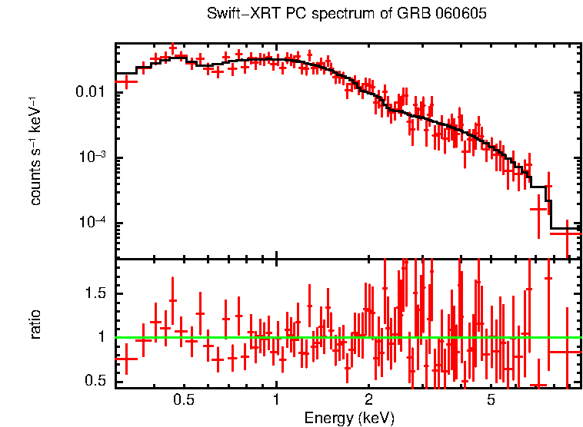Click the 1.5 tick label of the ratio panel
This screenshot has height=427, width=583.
(x=95, y=293)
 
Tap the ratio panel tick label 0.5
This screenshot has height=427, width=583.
(x=95, y=380)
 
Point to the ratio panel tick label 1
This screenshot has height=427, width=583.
(x=102, y=337)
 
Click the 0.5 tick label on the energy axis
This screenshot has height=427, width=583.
(x=184, y=400)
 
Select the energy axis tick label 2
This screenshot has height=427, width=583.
(x=368, y=400)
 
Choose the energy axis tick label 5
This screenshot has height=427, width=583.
(x=491, y=400)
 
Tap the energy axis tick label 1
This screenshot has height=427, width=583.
(x=276, y=400)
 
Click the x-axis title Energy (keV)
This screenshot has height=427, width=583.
(x=349, y=419)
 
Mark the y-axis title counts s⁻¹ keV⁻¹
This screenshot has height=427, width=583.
(x=35, y=151)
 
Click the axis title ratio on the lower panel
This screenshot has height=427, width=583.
(x=35, y=324)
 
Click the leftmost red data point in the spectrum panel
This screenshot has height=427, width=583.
(x=126, y=81)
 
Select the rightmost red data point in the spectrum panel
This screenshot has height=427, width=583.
(x=567, y=233)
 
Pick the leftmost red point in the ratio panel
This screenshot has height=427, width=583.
(x=126, y=359)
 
